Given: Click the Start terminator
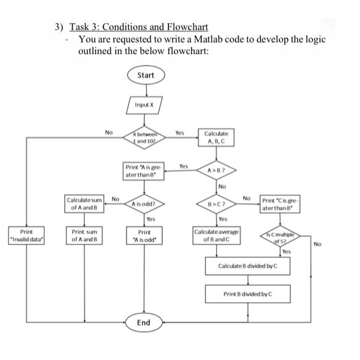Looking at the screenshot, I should point(146,75).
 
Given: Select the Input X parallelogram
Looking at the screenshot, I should point(146,105).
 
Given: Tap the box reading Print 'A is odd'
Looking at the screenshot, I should point(144,237).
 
